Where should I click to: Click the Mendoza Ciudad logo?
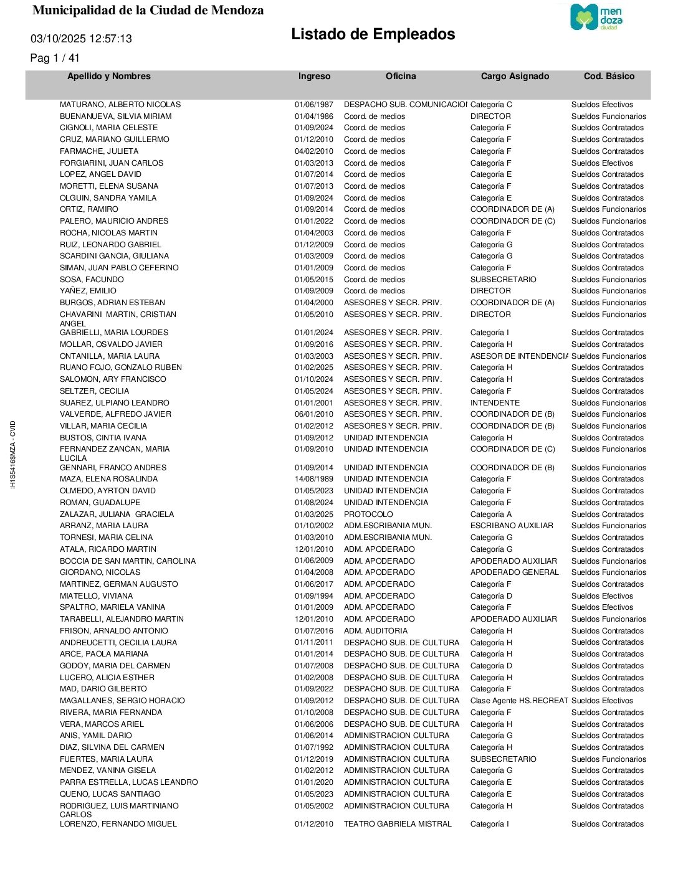(596, 17)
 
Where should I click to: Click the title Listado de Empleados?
(373, 34)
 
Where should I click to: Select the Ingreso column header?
(314, 77)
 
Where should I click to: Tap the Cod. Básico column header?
(609, 77)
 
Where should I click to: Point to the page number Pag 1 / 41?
(55, 58)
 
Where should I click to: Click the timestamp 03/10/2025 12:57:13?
(81, 39)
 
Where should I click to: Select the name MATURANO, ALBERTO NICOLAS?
(120, 105)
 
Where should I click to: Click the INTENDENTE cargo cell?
(495, 403)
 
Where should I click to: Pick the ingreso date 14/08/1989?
(313, 479)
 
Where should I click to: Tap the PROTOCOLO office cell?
(368, 514)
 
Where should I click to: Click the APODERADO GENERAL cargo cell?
(514, 572)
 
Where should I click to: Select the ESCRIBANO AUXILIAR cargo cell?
(512, 526)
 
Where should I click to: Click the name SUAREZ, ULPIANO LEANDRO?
(114, 403)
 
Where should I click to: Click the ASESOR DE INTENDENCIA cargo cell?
(518, 356)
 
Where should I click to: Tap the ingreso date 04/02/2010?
(313, 151)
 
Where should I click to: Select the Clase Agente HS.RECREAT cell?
(518, 701)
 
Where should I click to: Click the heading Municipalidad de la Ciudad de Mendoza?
(148, 11)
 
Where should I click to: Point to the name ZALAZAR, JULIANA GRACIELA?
(117, 514)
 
